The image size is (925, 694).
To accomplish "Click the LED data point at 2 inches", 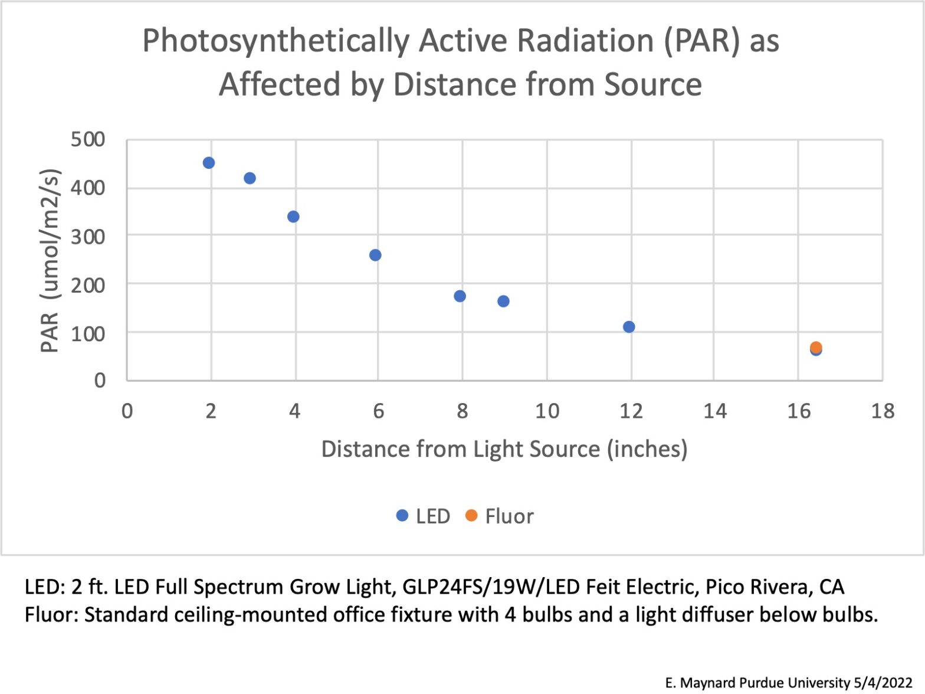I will point(208,163).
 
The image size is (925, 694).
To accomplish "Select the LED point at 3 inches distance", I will point(250,178).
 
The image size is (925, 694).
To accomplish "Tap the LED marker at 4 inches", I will point(293,217).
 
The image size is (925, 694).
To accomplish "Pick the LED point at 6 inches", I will point(375,255).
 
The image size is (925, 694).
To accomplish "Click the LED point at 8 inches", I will point(460,296).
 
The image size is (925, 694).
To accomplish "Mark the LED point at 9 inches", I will point(503,302).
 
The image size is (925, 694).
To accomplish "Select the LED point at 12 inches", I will point(629,327).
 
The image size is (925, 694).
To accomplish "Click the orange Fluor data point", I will point(816,346).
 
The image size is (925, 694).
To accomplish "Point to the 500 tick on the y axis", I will point(88,140).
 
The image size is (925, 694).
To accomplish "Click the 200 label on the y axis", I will point(88,285).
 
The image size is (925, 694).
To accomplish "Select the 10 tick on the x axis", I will point(547,411).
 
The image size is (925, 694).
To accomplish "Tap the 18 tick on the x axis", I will point(883,411).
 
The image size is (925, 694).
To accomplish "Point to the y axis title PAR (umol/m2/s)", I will point(50,260).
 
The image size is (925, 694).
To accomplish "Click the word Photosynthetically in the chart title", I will point(275,41).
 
